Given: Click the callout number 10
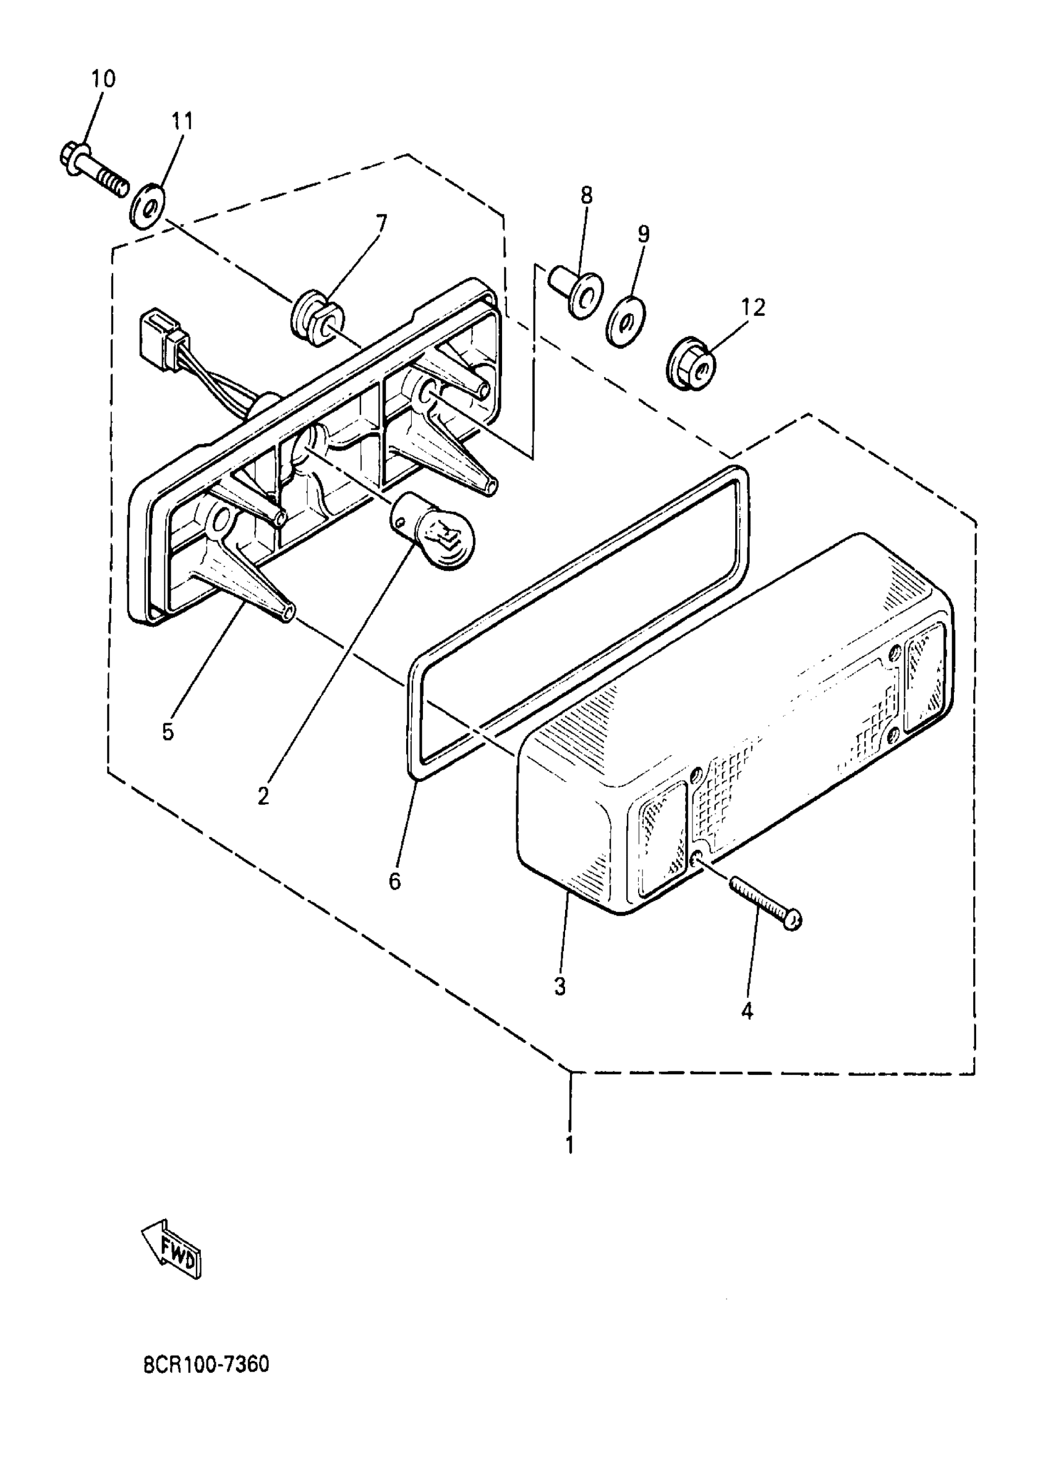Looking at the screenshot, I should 103,79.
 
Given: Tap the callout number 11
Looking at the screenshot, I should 182,121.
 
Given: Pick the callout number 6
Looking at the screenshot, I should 395,881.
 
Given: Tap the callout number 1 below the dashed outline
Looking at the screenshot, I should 569,1144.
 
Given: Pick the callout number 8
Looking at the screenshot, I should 586,195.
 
